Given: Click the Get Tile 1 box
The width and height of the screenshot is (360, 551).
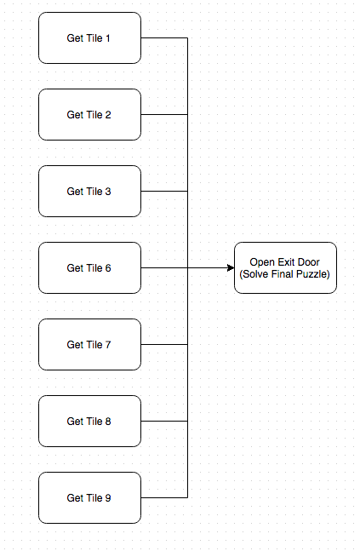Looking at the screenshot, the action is pos(89,38).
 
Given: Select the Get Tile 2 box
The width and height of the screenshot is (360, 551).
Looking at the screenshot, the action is pos(89,115).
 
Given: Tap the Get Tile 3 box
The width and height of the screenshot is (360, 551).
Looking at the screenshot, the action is pos(89,191).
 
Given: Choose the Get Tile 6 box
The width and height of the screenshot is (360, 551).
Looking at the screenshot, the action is pos(89,267).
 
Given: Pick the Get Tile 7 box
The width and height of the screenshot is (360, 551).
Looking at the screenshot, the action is pos(89,344).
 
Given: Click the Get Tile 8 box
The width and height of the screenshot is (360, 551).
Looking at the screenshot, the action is pos(89,421).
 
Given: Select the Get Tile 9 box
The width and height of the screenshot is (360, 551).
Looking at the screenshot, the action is pos(89,497).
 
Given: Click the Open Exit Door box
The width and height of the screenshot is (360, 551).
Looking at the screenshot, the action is pos(285,267).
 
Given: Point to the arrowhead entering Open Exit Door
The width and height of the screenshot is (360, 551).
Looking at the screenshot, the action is pos(231,267).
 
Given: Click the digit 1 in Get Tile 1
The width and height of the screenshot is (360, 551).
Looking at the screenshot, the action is pos(108,38).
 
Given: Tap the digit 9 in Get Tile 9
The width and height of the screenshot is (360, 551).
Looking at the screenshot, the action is pos(108,497).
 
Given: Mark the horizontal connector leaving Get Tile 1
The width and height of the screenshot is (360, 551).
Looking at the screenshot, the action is pos(164,37).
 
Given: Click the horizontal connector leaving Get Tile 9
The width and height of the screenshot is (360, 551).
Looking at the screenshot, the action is pos(164,497).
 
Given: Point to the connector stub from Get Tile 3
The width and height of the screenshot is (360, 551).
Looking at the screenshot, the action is pos(164,191).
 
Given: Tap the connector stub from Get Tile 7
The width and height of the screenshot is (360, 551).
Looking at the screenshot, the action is pos(164,344).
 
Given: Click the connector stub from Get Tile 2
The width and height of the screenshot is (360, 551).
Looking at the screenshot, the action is pos(164,115).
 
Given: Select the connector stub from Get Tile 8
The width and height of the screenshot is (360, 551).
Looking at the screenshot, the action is pos(164,421).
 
